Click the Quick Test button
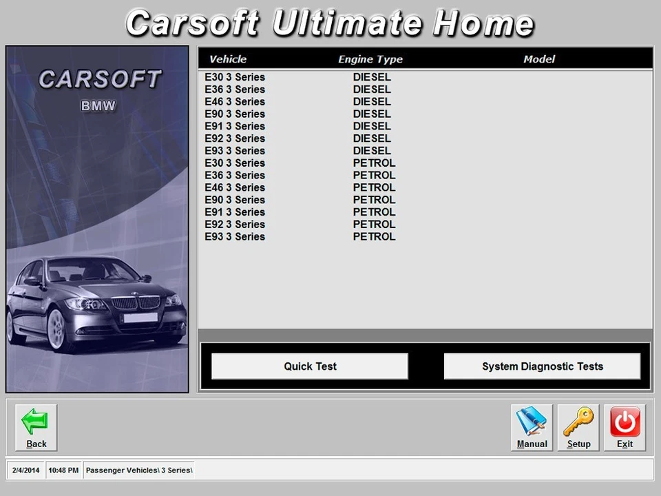pos(310,366)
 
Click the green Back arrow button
pos(36,427)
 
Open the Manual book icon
pos(532,427)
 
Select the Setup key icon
pos(578,427)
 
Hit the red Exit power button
pos(625,427)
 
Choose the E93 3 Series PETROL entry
pos(300,237)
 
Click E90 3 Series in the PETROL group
pos(300,200)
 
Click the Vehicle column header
pos(228,59)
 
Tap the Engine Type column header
pos(370,59)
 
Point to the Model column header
pos(539,59)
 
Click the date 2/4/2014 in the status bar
pos(26,471)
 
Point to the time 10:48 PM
pos(64,471)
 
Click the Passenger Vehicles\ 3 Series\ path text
pos(139,471)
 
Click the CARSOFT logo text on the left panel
pos(99,80)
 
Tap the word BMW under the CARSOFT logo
pos(98,107)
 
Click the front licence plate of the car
pos(140,318)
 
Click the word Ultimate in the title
pos(347,23)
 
